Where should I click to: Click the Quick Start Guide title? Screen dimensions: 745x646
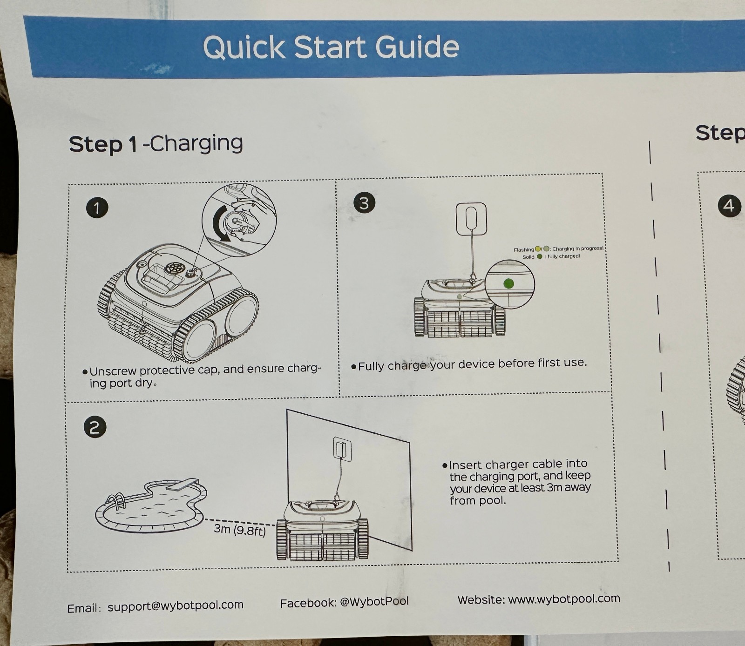coord(331,47)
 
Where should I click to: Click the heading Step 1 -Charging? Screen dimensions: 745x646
coord(156,144)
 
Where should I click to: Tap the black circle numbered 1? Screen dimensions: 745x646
coord(97,208)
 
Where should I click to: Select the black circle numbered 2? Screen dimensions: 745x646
coord(95,427)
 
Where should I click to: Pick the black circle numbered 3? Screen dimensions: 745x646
coord(364,203)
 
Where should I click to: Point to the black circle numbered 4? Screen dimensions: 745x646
coord(729,205)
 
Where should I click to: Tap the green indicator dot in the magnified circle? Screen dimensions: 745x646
coord(508,283)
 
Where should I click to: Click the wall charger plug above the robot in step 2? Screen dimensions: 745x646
coord(342,449)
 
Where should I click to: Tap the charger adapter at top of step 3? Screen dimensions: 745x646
coord(471,219)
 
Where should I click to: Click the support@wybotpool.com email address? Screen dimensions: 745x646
coord(176,606)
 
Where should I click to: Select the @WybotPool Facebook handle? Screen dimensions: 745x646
coord(374,601)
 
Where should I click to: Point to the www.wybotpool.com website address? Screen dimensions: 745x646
coord(564,599)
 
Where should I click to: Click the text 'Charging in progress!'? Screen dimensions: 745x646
coord(578,249)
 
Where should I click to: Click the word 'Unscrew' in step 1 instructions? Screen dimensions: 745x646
coord(113,371)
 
